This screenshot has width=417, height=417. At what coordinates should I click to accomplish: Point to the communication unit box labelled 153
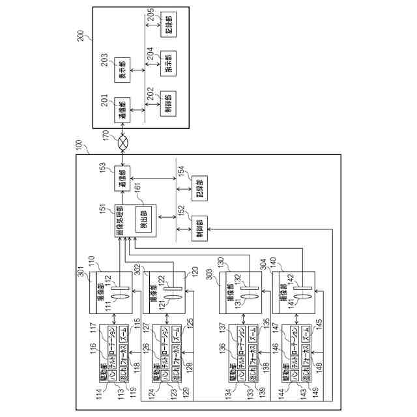coord(121,178)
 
